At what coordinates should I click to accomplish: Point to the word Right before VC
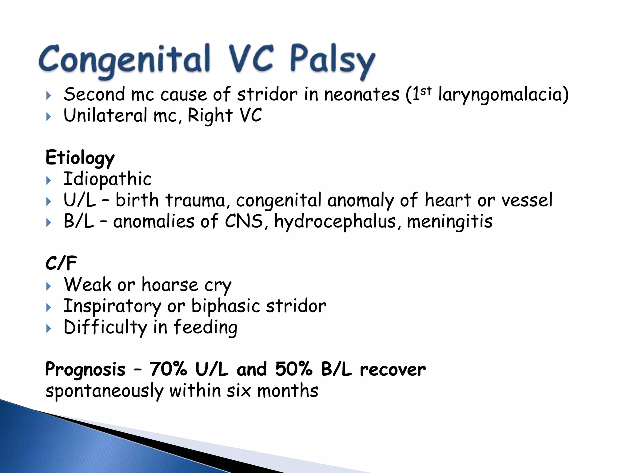(210, 116)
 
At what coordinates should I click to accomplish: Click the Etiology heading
(80, 158)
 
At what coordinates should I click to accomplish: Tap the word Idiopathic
(107, 179)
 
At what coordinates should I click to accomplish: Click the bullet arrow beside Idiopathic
(48, 180)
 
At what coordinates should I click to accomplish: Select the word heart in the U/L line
(448, 200)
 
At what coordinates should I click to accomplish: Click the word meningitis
(449, 222)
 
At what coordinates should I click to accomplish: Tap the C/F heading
(61, 264)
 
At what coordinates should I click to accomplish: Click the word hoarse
(170, 285)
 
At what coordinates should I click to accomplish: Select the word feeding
(205, 327)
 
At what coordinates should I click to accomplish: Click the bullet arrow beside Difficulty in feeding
(48, 329)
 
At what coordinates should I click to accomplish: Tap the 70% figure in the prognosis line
(168, 369)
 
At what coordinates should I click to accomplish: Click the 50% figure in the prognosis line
(294, 369)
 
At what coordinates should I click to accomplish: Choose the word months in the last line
(288, 391)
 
